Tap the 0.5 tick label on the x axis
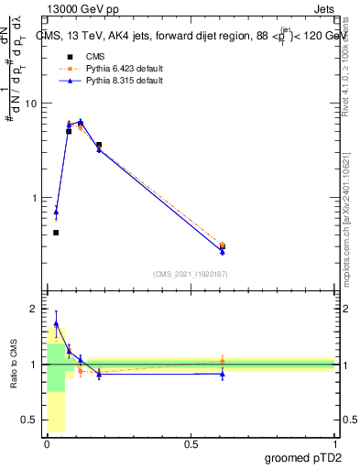coord(191,444)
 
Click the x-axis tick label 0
coord(47,444)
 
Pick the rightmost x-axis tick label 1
coord(335,444)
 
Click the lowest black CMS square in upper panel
coord(56,233)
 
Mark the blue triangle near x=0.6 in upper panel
coord(223,251)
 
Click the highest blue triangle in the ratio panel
coord(56,324)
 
